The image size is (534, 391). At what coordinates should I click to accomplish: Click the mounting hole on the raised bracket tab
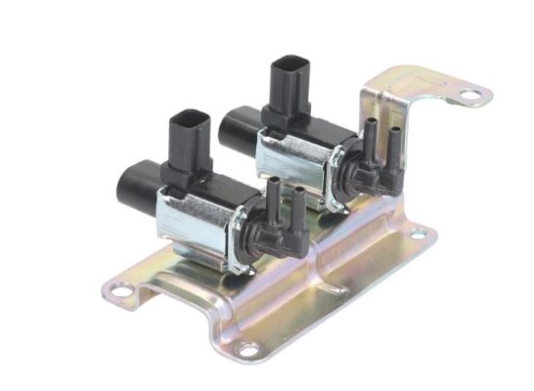tap(470, 95)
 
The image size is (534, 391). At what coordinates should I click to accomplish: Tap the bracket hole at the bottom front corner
tap(248, 348)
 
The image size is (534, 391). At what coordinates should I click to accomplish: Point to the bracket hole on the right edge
tap(418, 234)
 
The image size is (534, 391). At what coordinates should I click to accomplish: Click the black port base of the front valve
tap(264, 231)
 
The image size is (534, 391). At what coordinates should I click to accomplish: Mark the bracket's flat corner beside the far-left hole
tap(137, 279)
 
